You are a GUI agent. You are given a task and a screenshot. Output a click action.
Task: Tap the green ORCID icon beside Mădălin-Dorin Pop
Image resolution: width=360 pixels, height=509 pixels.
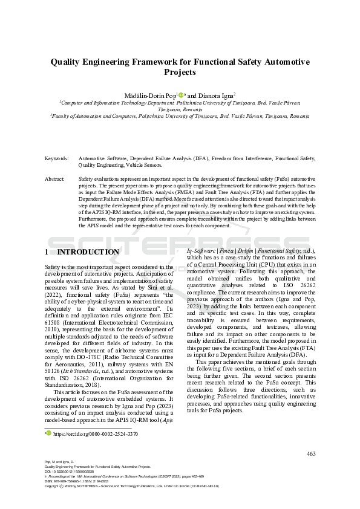[x=180, y=94]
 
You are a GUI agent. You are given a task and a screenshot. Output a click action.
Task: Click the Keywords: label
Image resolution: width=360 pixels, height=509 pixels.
[x=57, y=158]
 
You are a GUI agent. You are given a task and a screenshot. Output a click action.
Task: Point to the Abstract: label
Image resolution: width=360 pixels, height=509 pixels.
[x=55, y=180]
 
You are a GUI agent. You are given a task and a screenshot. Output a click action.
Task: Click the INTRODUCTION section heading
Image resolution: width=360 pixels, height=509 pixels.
[x=88, y=251]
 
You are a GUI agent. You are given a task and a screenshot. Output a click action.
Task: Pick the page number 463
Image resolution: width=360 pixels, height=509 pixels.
[x=311, y=453]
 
